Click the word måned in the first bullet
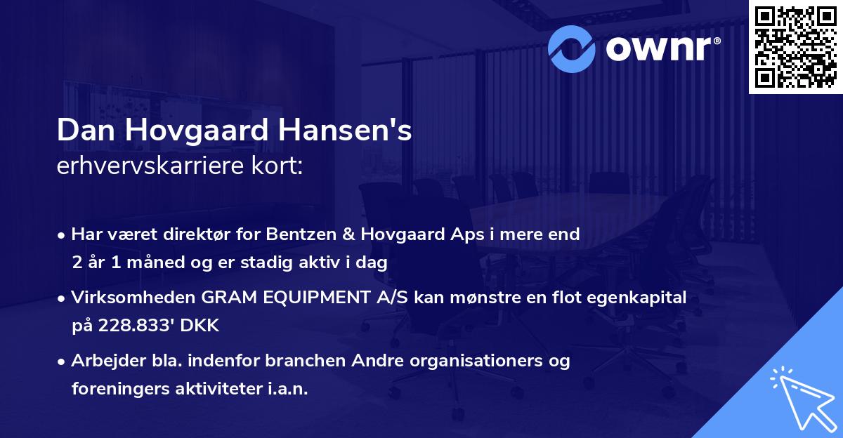153,263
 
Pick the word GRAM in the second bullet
223,298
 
